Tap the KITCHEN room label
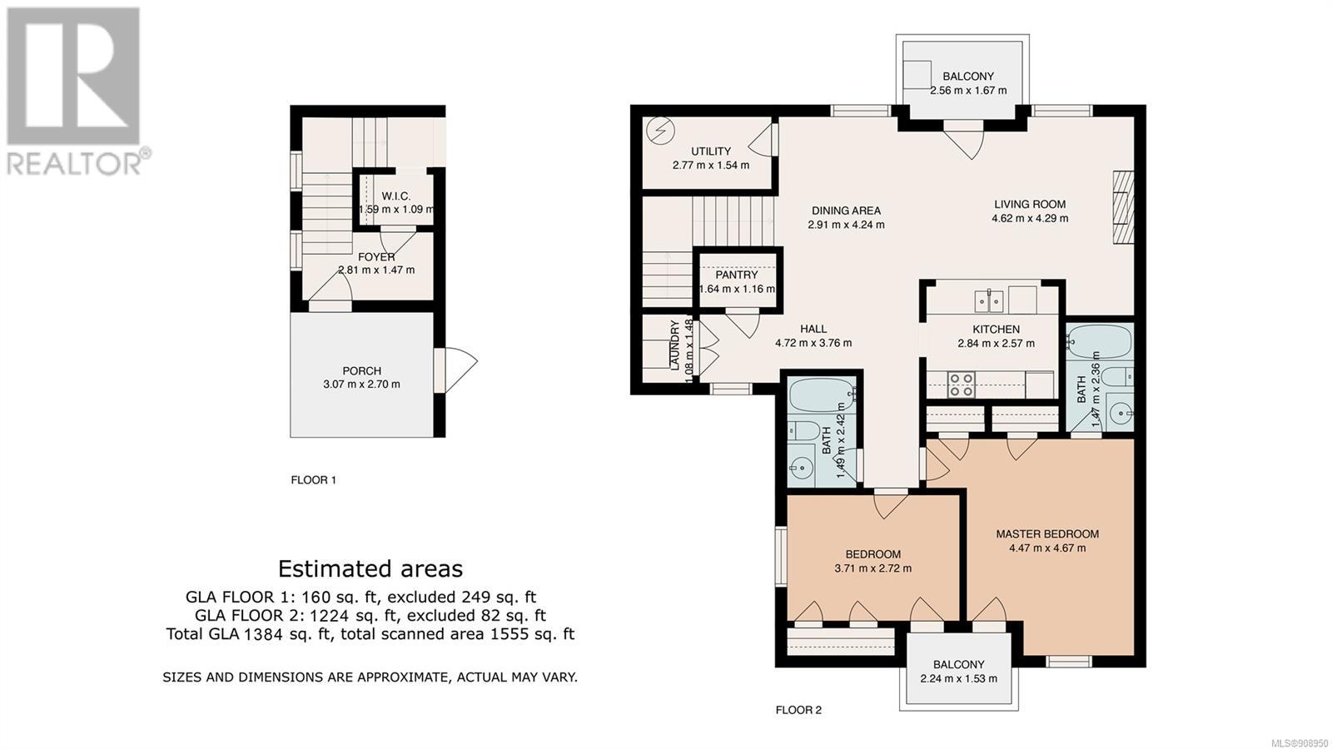click(996, 330)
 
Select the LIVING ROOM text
click(1030, 205)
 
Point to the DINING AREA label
click(846, 211)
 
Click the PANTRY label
click(737, 275)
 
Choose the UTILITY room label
click(711, 151)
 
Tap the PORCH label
click(361, 370)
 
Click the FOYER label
click(376, 257)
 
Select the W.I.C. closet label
click(396, 196)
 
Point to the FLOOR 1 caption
click(313, 479)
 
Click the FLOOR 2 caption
click(798, 710)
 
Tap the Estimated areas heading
click(370, 569)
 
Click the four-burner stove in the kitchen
click(961, 384)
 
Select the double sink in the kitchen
click(989, 300)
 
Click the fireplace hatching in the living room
click(1123, 207)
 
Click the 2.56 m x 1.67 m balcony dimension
click(968, 91)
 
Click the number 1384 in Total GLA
click(261, 633)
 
